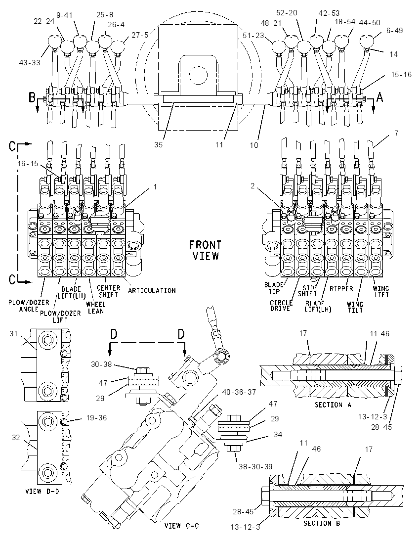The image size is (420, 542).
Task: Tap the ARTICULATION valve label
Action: pyautogui.click(x=152, y=290)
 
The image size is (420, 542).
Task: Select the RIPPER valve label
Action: pyautogui.click(x=341, y=289)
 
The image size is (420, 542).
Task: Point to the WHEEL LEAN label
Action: pyautogui.click(x=95, y=308)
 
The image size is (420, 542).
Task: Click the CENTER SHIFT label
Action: pyautogui.click(x=108, y=291)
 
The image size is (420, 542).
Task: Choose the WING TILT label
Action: pyautogui.click(x=355, y=307)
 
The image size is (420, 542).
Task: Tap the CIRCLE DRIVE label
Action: pyautogui.click(x=281, y=305)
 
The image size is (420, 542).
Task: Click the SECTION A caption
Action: pyautogui.click(x=333, y=405)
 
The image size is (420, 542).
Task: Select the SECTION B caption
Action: pyautogui.click(x=322, y=523)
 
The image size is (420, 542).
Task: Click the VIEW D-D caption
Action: pyautogui.click(x=42, y=491)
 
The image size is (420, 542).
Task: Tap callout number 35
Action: pyautogui.click(x=158, y=145)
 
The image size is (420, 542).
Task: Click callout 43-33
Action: pyautogui.click(x=29, y=63)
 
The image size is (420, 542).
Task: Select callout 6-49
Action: pyautogui.click(x=394, y=31)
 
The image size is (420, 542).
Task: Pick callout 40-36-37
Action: pyautogui.click(x=239, y=392)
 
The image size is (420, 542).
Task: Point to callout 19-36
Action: pyautogui.click(x=96, y=418)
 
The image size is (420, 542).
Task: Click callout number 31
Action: pyautogui.click(x=13, y=334)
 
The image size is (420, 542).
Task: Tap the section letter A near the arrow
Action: pyautogui.click(x=379, y=98)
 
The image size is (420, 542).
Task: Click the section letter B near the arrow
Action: pyautogui.click(x=32, y=98)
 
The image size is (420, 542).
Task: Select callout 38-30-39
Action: pyautogui.click(x=255, y=467)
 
